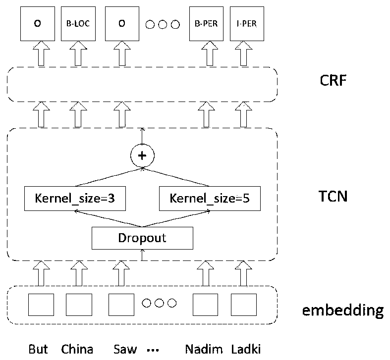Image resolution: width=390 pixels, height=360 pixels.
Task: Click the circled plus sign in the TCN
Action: [142, 156]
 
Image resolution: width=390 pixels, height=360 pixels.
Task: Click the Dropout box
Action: [142, 238]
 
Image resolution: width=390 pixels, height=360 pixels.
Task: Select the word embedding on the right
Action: [342, 310]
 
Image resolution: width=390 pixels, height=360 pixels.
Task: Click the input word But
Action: [38, 349]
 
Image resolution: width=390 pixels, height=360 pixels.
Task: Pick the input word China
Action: [77, 349]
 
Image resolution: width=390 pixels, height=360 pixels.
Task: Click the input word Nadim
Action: [204, 349]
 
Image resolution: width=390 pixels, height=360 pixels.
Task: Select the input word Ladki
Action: [245, 349]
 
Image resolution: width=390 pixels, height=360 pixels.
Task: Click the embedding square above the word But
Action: [41, 304]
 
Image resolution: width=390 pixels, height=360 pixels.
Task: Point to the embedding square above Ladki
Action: [243, 304]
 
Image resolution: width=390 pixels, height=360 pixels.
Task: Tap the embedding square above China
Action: [79, 304]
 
